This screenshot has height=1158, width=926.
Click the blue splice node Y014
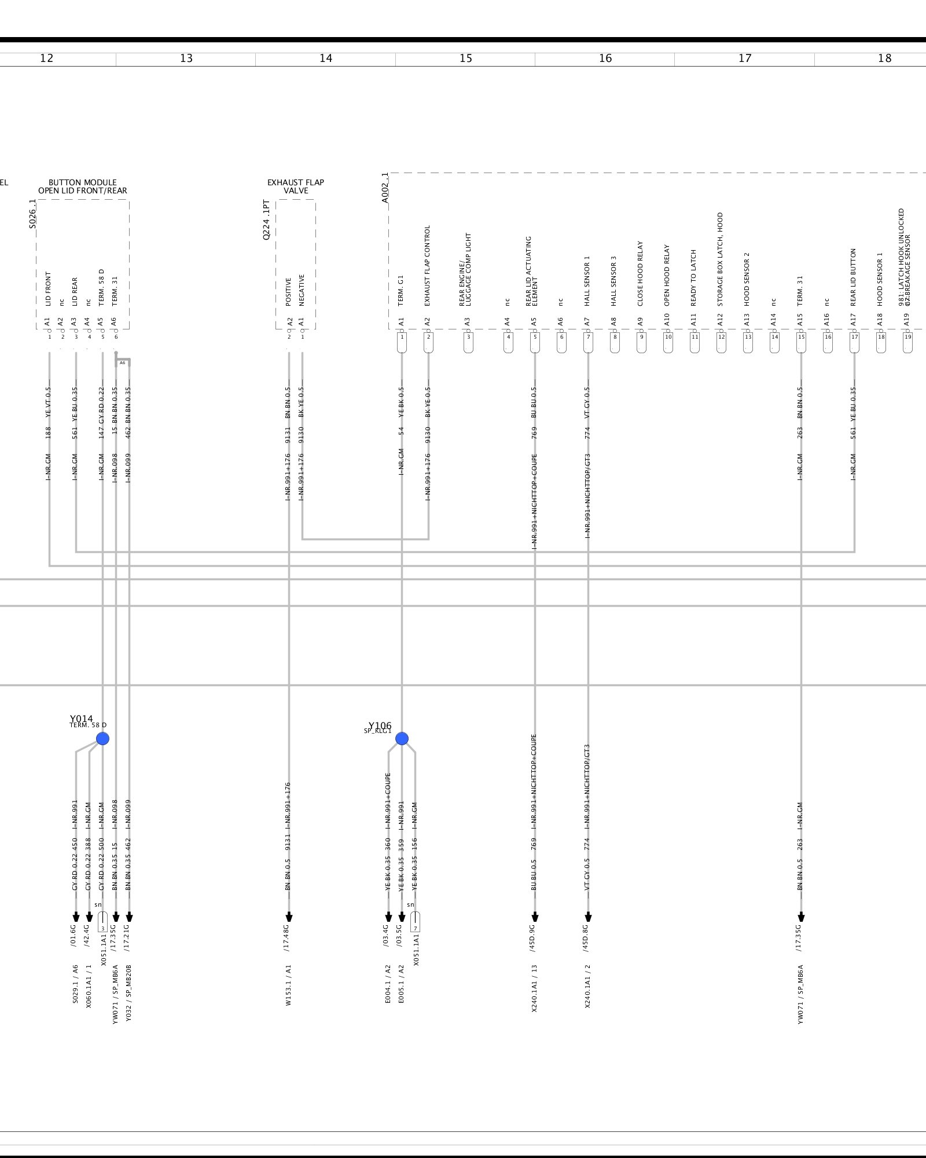tap(102, 738)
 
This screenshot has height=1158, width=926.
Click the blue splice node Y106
tap(402, 738)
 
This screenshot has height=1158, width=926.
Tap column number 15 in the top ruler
tap(466, 58)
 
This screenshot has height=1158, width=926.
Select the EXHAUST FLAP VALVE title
tap(296, 186)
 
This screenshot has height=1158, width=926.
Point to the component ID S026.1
tap(33, 214)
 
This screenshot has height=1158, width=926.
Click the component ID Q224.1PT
tap(266, 220)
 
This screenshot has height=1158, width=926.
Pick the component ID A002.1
tap(385, 188)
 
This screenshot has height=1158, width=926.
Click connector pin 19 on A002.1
tap(907, 338)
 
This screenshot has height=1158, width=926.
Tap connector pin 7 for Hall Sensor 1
tap(588, 338)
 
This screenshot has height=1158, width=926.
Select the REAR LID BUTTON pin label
tap(853, 277)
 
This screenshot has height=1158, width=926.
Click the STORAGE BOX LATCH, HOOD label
tap(720, 259)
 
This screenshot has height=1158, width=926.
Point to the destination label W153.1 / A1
tap(289, 984)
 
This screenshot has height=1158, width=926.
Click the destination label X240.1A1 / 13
tap(535, 988)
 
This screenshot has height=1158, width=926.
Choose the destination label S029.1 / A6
tap(75, 984)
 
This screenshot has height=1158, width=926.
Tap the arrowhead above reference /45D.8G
tap(588, 917)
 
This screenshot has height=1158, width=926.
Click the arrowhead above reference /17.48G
tap(289, 917)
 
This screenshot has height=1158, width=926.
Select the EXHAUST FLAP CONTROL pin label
tap(428, 266)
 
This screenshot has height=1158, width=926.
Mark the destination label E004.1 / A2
tap(388, 984)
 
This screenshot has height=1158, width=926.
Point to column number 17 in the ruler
tap(745, 58)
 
